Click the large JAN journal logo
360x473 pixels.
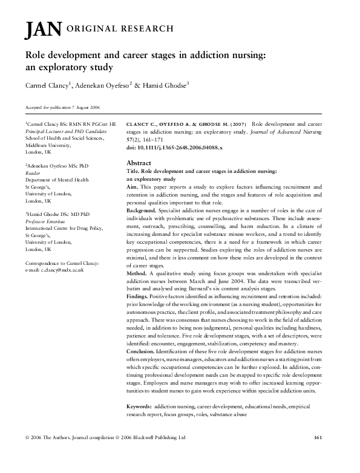[x=39, y=30]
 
